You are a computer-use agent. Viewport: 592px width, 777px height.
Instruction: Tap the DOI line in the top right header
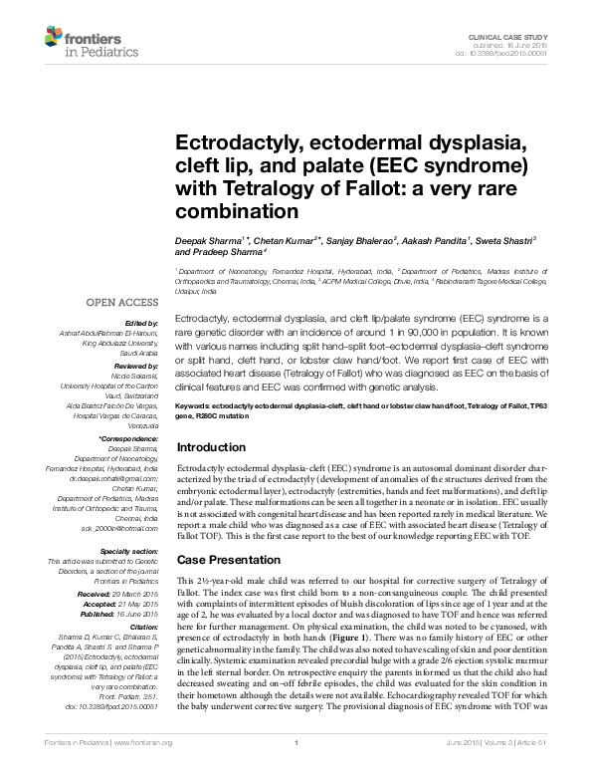pos(512,54)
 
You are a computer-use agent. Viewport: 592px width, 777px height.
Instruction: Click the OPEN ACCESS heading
pos(121,301)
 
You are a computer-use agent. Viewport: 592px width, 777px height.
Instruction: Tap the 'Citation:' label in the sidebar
pos(143,627)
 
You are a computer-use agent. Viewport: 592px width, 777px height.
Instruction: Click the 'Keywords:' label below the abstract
pos(197,407)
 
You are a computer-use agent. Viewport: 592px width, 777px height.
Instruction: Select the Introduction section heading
pos(211,447)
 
